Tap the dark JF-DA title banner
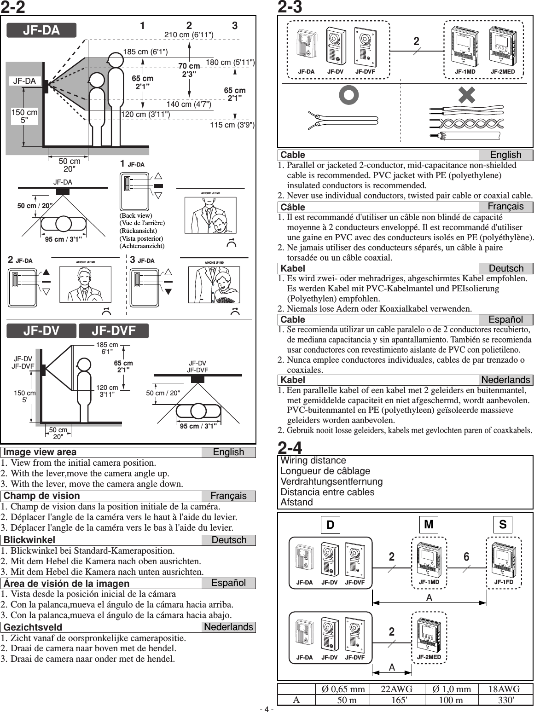click(x=41, y=30)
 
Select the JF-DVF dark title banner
click(x=114, y=331)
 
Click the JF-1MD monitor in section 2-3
click(x=465, y=46)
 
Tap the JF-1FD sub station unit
click(x=504, y=560)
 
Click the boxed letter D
click(x=330, y=525)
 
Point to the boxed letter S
click(x=503, y=524)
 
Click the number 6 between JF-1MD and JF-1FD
click(x=466, y=557)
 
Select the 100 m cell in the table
click(x=451, y=700)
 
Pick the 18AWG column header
click(x=505, y=689)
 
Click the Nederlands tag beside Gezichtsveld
click(x=228, y=627)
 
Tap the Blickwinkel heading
click(x=29, y=540)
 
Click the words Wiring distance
click(x=313, y=461)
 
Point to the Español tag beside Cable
click(x=505, y=319)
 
